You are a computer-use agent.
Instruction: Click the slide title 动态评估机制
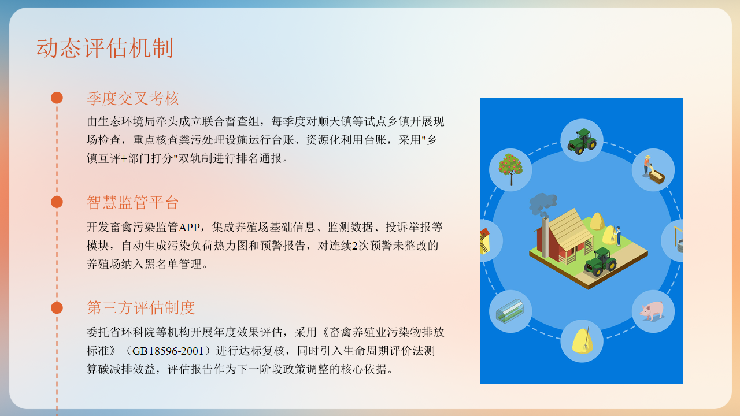click(x=105, y=48)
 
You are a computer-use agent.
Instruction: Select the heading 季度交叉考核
click(x=133, y=98)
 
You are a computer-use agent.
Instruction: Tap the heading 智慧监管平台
click(x=133, y=203)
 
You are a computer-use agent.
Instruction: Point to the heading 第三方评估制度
click(x=140, y=308)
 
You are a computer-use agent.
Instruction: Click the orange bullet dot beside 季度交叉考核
click(x=57, y=98)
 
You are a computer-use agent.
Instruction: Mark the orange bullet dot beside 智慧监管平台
click(x=57, y=202)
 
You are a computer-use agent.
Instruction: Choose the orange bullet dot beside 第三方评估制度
click(x=57, y=307)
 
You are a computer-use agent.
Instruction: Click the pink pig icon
click(x=653, y=311)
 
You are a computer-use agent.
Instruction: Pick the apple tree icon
click(x=510, y=169)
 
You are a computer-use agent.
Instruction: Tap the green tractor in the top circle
click(x=581, y=140)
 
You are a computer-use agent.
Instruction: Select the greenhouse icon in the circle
click(x=510, y=311)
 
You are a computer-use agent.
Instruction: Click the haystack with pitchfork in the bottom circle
click(x=582, y=340)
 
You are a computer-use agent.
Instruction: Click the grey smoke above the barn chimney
click(x=542, y=203)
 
